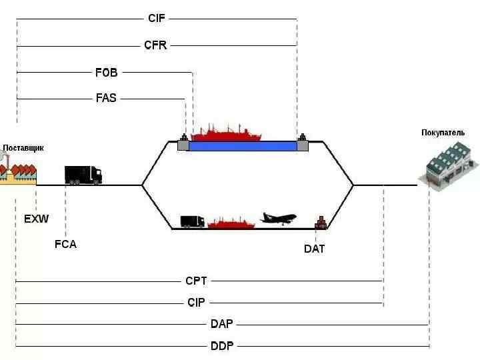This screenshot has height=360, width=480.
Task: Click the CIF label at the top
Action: (x=156, y=19)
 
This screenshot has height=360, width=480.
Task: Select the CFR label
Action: (x=155, y=45)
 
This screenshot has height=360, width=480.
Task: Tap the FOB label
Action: (x=106, y=72)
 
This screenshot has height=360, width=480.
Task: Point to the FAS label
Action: (x=106, y=97)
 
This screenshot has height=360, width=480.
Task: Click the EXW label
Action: (x=37, y=219)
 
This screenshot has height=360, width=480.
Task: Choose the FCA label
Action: (x=65, y=244)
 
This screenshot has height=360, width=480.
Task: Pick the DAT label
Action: (x=315, y=249)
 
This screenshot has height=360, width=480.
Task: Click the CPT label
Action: (x=197, y=281)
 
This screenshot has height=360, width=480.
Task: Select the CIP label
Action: (x=196, y=303)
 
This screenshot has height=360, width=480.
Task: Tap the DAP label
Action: (x=222, y=324)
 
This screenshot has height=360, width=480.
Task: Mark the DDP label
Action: (x=222, y=346)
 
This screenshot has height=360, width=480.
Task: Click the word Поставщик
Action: (x=23, y=148)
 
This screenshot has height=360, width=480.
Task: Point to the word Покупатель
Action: (x=443, y=133)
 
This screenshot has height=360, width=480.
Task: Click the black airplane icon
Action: (x=278, y=218)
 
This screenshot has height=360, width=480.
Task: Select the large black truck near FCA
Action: (x=83, y=175)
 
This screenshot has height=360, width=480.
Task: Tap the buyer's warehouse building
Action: (x=445, y=167)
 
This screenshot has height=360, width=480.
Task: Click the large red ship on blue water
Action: (x=226, y=133)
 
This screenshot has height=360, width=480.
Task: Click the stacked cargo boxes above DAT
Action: (x=321, y=223)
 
